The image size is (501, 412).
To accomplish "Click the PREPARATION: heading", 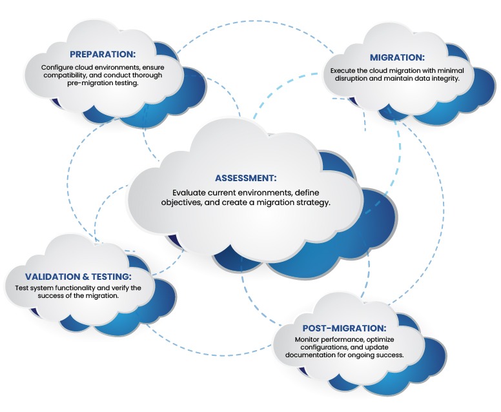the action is click(103, 54).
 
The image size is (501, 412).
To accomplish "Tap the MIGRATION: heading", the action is click(397, 57).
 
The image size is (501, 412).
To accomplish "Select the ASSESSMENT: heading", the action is click(245, 178).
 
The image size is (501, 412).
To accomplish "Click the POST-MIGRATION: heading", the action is click(344, 328).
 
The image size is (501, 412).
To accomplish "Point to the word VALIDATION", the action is click(53, 277).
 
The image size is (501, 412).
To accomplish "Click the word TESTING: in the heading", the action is click(111, 277).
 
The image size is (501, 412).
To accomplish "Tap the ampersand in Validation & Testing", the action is click(86, 277).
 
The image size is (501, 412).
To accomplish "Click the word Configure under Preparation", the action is click(57, 68).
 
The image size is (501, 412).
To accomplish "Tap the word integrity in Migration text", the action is click(446, 79).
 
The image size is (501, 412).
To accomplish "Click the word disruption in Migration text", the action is click(351, 79).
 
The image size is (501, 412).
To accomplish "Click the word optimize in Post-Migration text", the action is click(380, 340).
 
